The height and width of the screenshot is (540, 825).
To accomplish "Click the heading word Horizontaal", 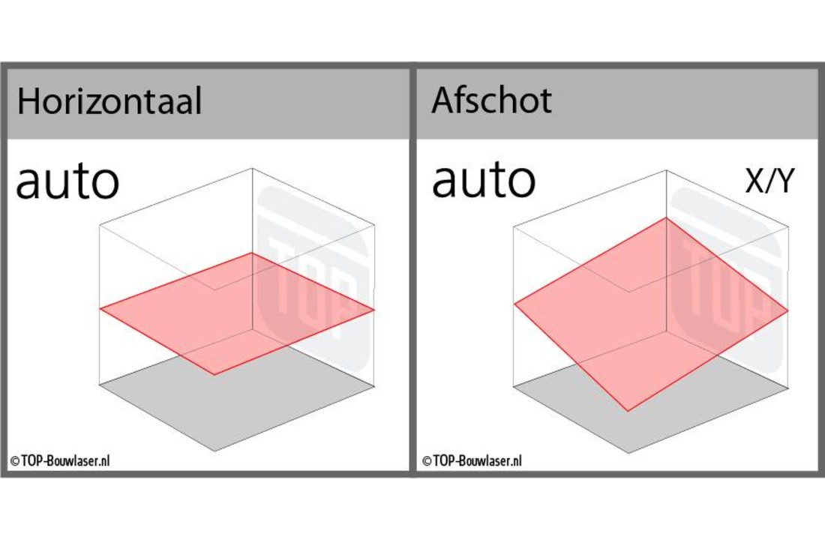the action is [109, 100].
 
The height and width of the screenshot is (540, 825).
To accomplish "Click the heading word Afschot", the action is [491, 100].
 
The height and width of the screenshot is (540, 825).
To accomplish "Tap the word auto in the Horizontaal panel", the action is [67, 181].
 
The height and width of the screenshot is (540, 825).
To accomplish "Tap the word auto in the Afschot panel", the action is [484, 180].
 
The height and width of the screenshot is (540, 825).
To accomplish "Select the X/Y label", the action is [769, 181].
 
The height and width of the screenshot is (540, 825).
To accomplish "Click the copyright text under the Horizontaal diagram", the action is [60, 461].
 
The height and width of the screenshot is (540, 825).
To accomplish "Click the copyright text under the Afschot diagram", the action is [472, 461].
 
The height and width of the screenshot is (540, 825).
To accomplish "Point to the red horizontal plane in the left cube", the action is [237, 313].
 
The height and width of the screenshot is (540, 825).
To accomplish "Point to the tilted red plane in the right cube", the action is [651, 313].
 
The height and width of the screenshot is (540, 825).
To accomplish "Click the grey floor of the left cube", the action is [237, 400].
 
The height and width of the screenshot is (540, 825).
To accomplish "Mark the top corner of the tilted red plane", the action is [667, 217].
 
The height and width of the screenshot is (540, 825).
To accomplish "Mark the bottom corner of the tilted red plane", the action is [628, 410].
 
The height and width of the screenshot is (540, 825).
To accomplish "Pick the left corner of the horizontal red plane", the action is [100, 308].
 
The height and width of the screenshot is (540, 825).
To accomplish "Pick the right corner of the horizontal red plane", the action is [374, 310].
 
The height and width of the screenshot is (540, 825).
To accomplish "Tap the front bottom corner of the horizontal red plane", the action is [214, 375].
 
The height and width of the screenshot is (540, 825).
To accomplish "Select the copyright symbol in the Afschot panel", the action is [427, 461].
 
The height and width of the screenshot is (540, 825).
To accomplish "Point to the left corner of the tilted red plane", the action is [514, 304].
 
